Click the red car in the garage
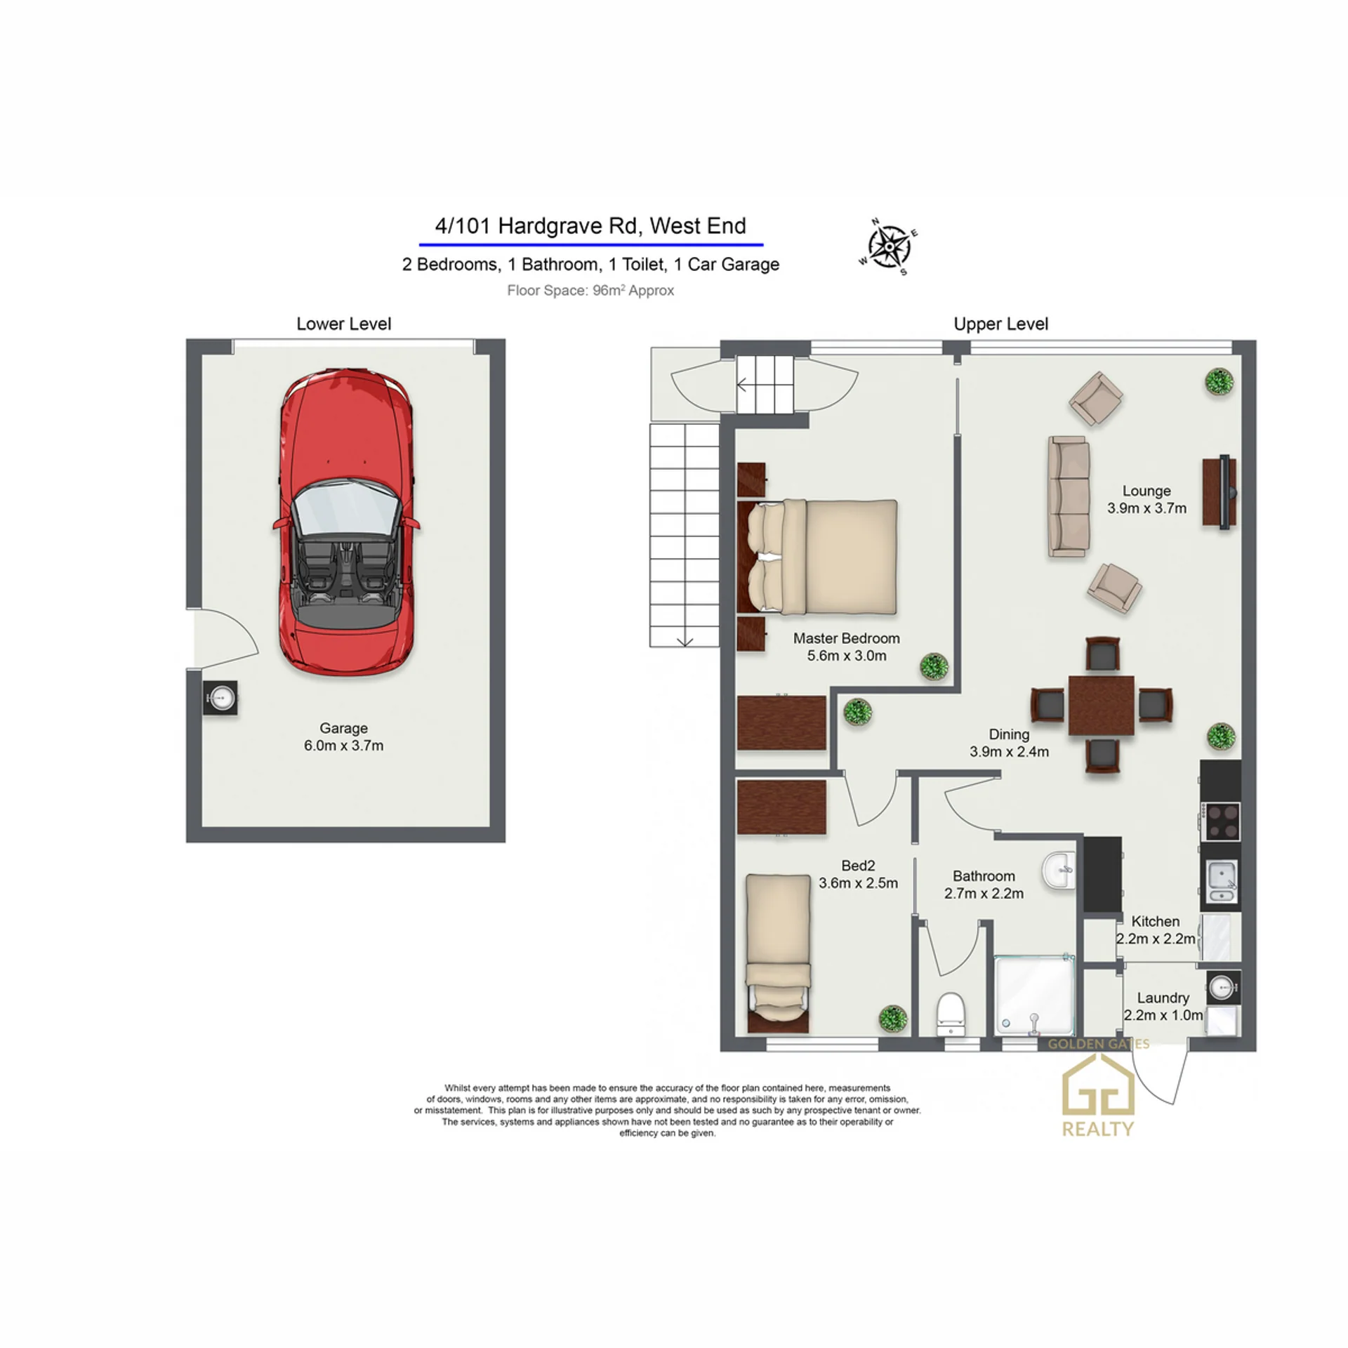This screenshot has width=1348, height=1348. (346, 522)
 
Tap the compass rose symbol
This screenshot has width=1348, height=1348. (889, 246)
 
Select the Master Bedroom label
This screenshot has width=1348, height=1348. (846, 638)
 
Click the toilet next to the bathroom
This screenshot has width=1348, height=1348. (951, 1013)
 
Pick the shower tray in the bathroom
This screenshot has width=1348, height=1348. (1034, 995)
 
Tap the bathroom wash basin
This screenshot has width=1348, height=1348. (1058, 871)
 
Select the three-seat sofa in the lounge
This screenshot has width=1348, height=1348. (1069, 496)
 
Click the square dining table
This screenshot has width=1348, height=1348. (1101, 705)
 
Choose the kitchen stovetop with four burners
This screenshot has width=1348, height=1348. (1221, 821)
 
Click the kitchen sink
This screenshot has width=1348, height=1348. (1222, 882)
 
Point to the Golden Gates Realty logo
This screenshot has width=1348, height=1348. (1098, 1088)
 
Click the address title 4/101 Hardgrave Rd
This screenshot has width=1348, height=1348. (590, 226)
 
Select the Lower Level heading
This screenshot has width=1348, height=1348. (343, 324)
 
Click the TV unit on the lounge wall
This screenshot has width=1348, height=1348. (1220, 492)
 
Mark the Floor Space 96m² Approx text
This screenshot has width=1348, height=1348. (590, 290)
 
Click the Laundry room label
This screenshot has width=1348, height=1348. (1163, 998)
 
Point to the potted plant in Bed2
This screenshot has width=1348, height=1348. (892, 1018)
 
